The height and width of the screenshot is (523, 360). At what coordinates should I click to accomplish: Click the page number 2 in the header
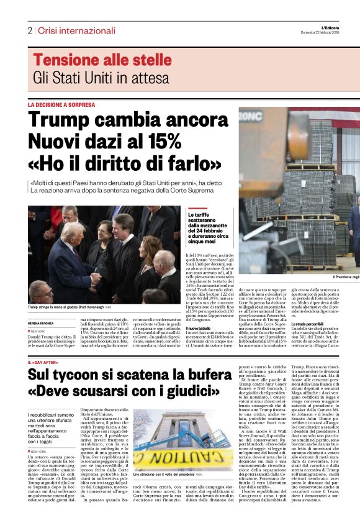[x=30, y=30]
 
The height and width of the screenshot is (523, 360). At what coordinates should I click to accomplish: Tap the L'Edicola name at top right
[x=345, y=25]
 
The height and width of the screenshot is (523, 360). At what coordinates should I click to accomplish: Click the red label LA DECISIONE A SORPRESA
[x=62, y=105]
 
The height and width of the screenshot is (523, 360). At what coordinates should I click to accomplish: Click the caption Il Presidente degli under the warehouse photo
[x=346, y=276]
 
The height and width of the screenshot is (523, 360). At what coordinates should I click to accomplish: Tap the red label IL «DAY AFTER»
[x=44, y=362]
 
